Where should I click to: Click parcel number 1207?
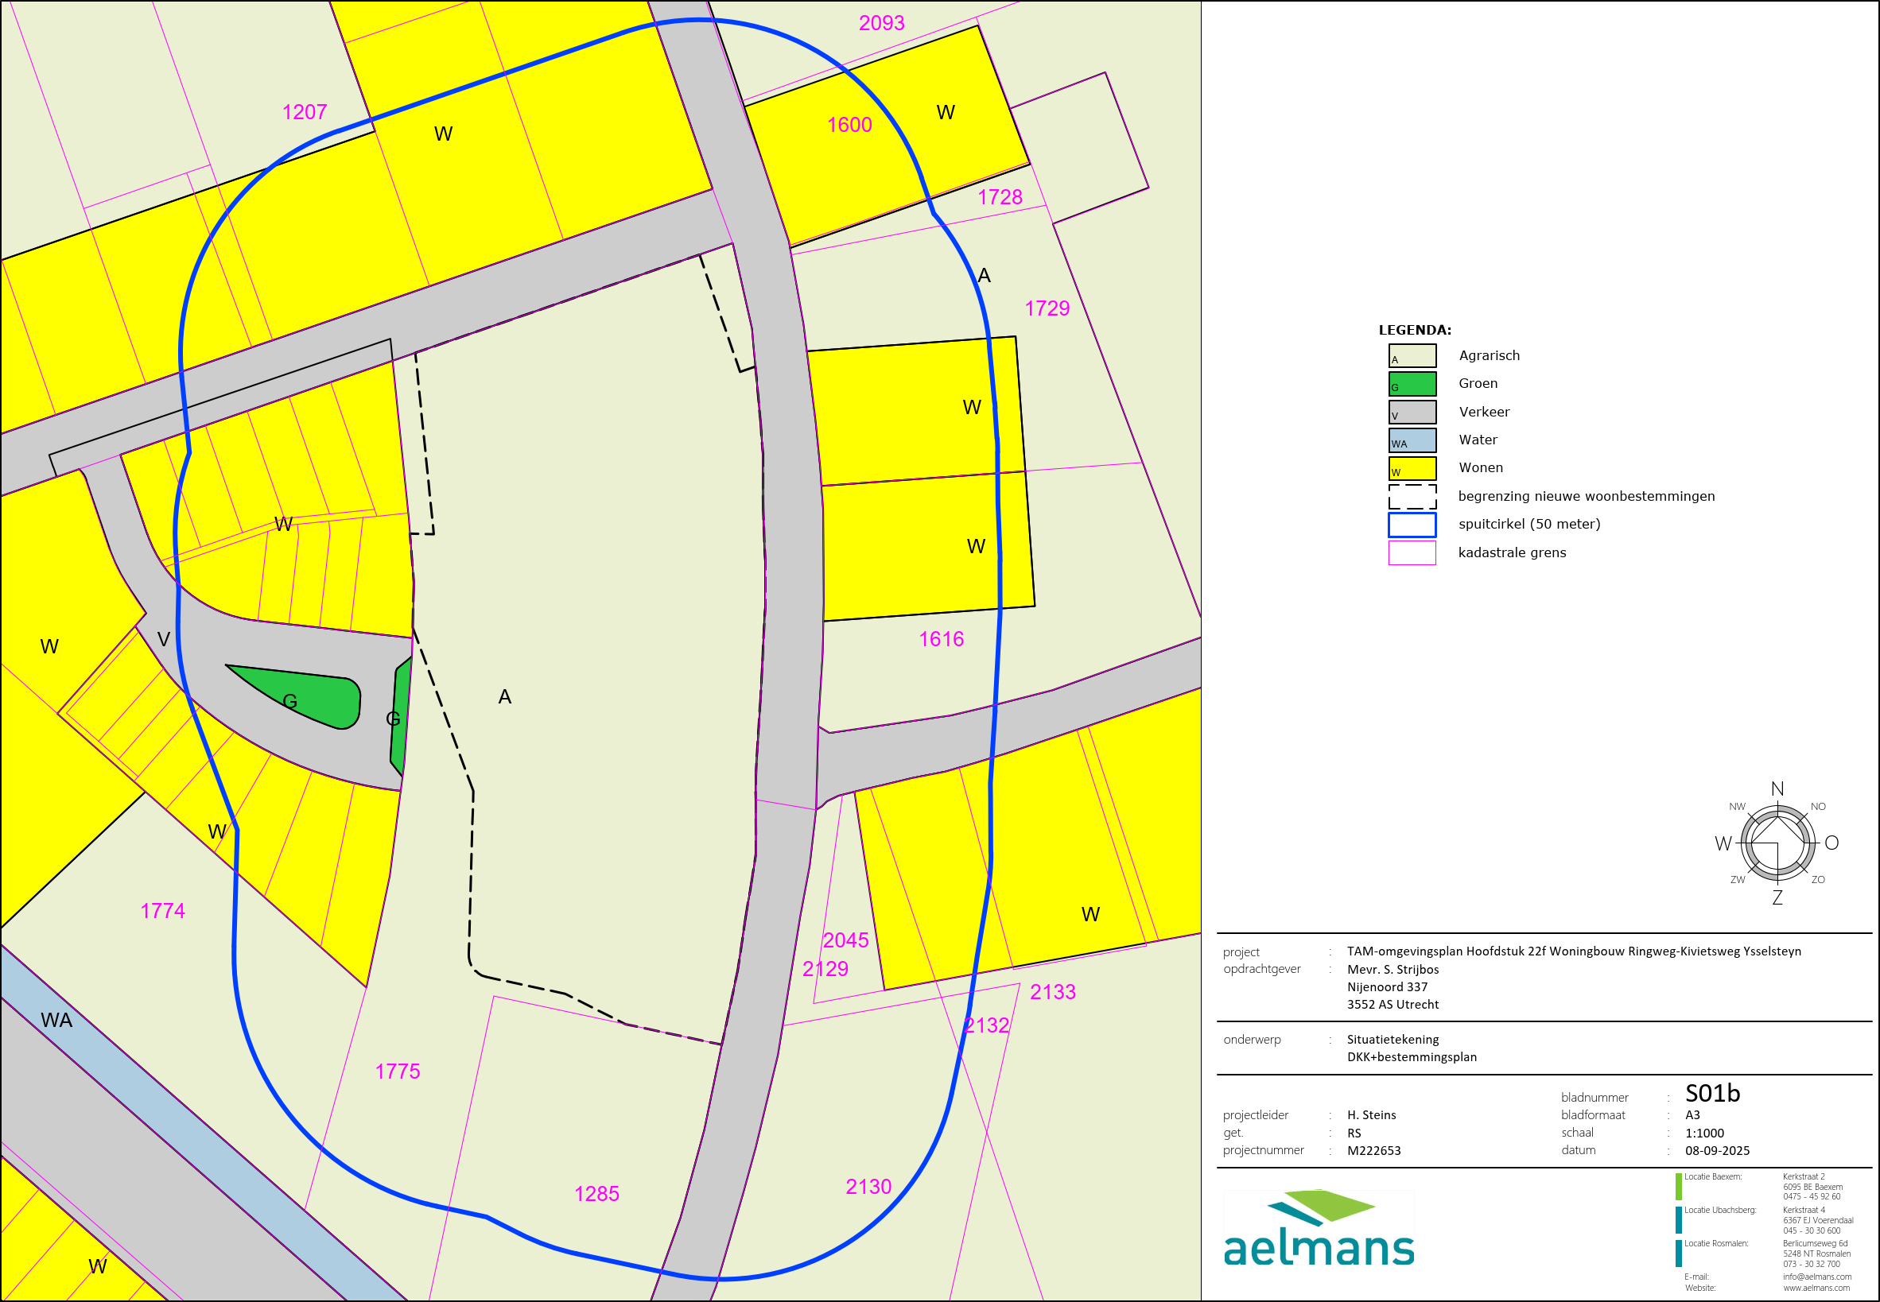(x=305, y=112)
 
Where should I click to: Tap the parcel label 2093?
(x=881, y=23)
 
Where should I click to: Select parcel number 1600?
(x=849, y=125)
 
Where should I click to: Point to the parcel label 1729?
(x=1047, y=308)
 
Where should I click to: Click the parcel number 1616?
(x=941, y=639)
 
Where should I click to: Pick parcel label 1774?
(x=162, y=910)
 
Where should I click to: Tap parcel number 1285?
(x=596, y=1194)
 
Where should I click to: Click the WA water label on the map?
(x=56, y=1020)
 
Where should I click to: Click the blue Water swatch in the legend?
(x=1412, y=440)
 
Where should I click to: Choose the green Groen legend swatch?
(x=1412, y=383)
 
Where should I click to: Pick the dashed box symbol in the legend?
(x=1412, y=497)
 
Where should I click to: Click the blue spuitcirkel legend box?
(x=1412, y=525)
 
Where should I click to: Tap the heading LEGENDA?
(x=1414, y=331)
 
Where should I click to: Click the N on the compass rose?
(x=1777, y=789)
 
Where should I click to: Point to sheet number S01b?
(x=1712, y=1093)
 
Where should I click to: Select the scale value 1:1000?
(x=1703, y=1133)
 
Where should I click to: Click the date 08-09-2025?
(x=1717, y=1151)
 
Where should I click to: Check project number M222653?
(x=1373, y=1151)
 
